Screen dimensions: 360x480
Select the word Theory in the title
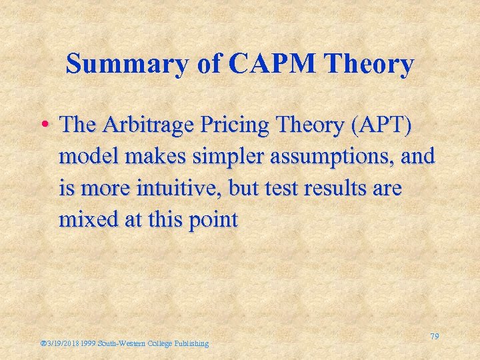click(x=376, y=65)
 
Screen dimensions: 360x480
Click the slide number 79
click(x=434, y=337)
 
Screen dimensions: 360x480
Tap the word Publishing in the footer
click(x=191, y=343)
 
